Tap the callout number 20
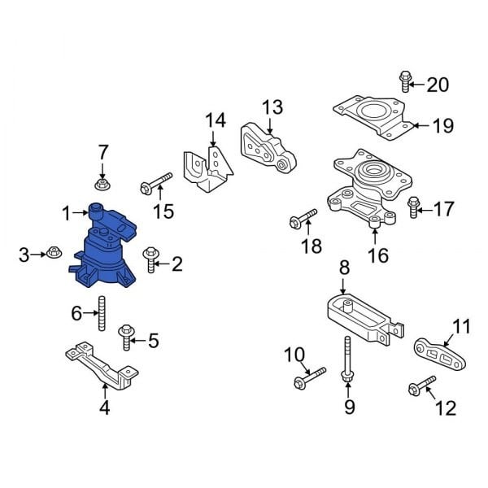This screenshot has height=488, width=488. click(x=438, y=85)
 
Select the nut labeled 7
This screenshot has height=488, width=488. click(x=102, y=184)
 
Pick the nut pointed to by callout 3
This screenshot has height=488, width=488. click(x=54, y=252)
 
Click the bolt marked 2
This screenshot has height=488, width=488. click(x=151, y=259)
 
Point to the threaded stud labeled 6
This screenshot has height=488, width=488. click(x=102, y=313)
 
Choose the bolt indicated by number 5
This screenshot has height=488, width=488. click(x=126, y=338)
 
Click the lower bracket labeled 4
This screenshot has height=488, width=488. click(x=102, y=366)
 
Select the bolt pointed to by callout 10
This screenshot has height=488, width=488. click(x=310, y=378)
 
